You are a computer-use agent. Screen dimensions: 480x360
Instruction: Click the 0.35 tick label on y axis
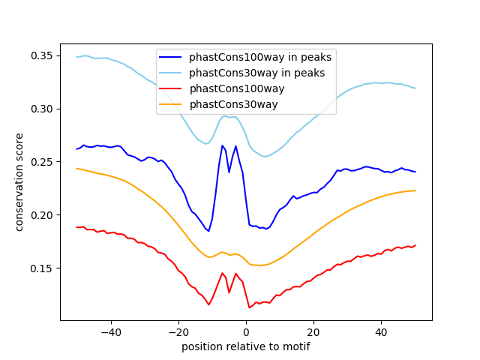(41, 56)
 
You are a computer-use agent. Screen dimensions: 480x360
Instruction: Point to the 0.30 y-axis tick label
(41, 109)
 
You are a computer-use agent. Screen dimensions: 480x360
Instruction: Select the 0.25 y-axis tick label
(41, 162)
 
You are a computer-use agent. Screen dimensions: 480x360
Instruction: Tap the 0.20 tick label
(41, 215)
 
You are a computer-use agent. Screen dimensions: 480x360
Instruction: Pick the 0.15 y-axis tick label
(41, 268)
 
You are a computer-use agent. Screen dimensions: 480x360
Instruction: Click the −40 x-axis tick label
(111, 332)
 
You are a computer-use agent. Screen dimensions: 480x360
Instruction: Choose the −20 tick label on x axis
(178, 332)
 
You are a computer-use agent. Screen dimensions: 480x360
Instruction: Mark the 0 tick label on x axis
(246, 332)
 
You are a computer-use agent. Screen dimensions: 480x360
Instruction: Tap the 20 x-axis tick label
(313, 332)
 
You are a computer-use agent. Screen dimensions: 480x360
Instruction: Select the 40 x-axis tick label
(381, 332)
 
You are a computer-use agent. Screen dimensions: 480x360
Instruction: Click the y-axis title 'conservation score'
(19, 182)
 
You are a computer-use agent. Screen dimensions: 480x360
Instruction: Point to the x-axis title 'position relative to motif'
(246, 346)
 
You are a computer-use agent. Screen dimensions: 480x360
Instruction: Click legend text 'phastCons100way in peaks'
(260, 57)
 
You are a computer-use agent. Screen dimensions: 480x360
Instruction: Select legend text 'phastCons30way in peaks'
(256, 73)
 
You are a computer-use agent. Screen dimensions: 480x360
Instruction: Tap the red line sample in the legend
(170, 88)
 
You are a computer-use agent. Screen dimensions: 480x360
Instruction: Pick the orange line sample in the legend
(170, 104)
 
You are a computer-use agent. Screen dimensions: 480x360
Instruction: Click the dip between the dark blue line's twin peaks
(229, 172)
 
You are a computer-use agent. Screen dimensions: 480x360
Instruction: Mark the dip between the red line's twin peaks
(229, 292)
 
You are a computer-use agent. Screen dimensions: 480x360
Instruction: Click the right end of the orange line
(415, 190)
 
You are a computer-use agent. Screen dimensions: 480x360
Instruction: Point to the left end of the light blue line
(76, 57)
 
